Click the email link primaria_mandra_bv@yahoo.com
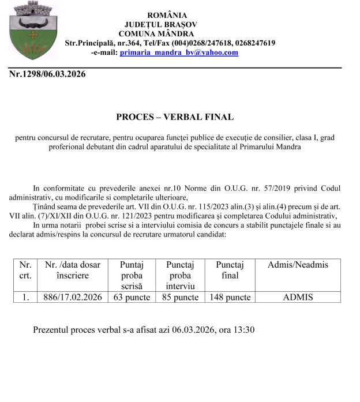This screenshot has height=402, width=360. click(x=178, y=52)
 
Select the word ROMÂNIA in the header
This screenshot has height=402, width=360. click(x=167, y=15)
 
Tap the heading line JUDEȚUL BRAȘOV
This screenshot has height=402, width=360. click(x=160, y=24)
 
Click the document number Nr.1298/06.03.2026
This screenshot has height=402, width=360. click(x=47, y=74)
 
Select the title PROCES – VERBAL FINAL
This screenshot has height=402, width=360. click(x=175, y=117)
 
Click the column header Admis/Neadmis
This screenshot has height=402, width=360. click(x=298, y=265)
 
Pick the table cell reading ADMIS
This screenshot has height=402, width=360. click(x=298, y=298)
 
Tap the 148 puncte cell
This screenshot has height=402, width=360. click(x=230, y=298)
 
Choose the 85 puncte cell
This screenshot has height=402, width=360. click(x=180, y=298)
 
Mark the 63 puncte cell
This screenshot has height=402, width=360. click(x=131, y=298)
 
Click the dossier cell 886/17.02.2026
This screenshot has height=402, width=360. click(x=73, y=298)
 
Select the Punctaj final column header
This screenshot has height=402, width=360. click(x=230, y=270)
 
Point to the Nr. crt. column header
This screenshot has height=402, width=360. click(x=25, y=270)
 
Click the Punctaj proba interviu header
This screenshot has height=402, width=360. click(x=180, y=275)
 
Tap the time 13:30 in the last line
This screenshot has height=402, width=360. click(x=243, y=330)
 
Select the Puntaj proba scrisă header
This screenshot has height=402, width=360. click(x=131, y=275)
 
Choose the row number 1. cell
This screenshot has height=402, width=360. click(x=25, y=298)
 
